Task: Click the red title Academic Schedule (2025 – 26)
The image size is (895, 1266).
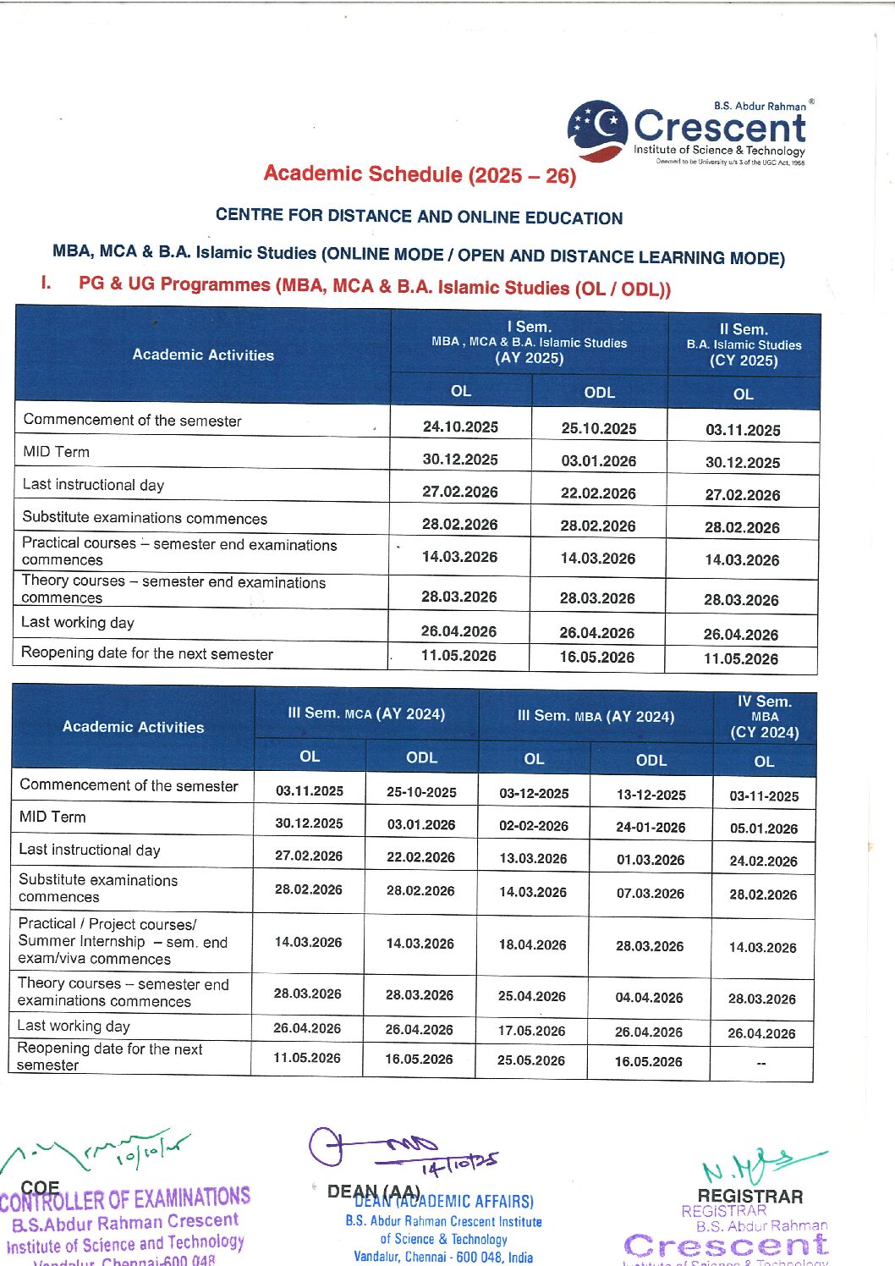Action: (420, 174)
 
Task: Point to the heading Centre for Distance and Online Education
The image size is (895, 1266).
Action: (419, 216)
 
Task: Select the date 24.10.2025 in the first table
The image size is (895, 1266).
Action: (460, 427)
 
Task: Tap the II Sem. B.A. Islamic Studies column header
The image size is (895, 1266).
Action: (744, 344)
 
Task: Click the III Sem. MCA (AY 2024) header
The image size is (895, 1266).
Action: (366, 713)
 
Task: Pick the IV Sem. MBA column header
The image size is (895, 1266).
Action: (764, 716)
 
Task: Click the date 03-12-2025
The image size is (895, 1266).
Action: (534, 793)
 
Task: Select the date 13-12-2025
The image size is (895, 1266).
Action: (651, 795)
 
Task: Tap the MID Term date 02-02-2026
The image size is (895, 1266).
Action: (533, 825)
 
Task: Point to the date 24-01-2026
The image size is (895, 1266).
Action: (650, 827)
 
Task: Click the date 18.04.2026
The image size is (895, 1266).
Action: (532, 944)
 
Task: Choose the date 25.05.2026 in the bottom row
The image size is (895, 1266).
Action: (530, 1060)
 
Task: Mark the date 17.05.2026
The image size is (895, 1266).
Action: (531, 1030)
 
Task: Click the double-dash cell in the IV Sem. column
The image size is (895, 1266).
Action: (761, 1063)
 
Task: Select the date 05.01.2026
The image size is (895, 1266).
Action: (763, 828)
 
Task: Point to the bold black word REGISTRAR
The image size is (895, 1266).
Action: (749, 1196)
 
